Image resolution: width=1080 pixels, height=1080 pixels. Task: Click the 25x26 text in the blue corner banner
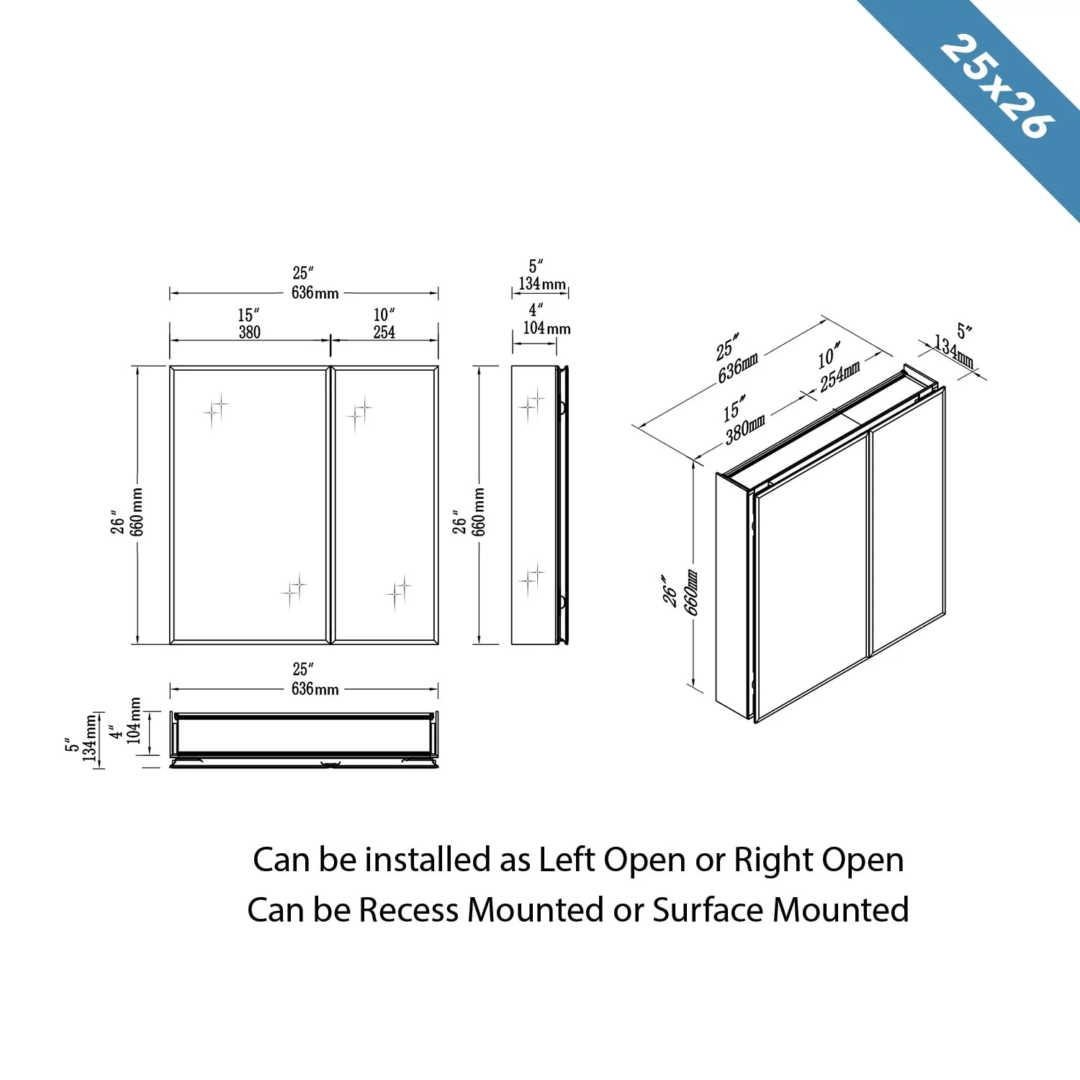997,86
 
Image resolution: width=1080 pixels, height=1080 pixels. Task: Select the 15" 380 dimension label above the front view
249,324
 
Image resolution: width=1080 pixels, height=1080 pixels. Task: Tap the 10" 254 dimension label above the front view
384,324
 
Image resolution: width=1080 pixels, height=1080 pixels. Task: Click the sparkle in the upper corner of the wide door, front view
215,410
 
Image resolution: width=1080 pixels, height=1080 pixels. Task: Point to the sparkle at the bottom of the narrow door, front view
398,592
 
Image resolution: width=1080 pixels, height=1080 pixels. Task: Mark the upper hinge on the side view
562,408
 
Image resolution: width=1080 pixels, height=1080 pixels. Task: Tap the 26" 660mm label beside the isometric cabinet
680,592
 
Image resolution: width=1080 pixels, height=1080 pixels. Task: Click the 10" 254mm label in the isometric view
837,367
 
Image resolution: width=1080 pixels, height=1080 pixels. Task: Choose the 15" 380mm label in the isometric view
742,420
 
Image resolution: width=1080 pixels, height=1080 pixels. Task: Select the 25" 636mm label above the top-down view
313,680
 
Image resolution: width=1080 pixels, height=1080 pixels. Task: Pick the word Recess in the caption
408,910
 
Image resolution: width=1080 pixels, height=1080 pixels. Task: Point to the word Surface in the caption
708,910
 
